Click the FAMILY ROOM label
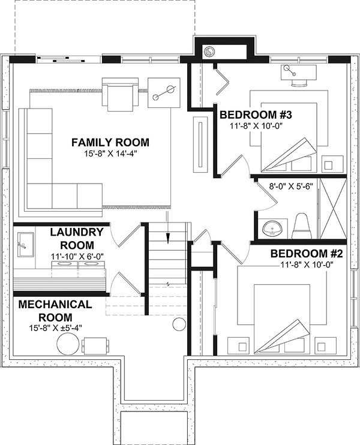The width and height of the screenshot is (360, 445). point(110,142)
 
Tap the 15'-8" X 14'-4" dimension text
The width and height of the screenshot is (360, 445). point(110,154)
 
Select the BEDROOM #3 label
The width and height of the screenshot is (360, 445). point(256,115)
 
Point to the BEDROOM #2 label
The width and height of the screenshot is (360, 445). point(307,254)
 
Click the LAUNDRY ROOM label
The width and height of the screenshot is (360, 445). point(77,239)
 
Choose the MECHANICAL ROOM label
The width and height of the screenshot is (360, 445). point(55,311)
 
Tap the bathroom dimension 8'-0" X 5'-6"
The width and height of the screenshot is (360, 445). point(291,187)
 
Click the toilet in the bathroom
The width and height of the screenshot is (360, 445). point(302,226)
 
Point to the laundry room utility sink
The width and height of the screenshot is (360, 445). point(26,245)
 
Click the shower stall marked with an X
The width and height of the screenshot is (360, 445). point(334,208)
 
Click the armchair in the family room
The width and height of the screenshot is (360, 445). point(120,94)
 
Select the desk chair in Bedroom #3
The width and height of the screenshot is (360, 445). point(299,82)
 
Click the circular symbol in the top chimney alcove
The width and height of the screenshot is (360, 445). point(209,52)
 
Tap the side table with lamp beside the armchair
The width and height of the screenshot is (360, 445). point(164,93)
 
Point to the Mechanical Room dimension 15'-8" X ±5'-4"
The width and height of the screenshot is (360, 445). point(55,328)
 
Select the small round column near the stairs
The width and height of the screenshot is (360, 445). point(179,324)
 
